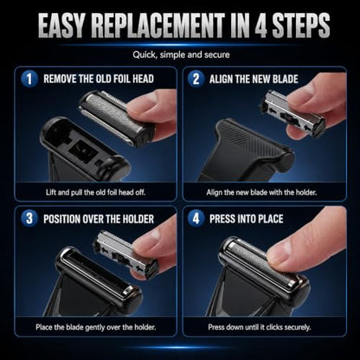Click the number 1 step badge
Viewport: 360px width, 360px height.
[29, 79]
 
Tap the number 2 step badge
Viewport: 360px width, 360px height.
[196, 79]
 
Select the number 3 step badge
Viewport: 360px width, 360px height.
[29, 218]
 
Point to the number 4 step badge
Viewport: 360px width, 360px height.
[196, 218]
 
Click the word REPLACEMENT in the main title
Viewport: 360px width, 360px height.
[157, 25]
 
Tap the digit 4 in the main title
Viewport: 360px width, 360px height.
[260, 25]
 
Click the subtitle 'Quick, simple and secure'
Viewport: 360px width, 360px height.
[181, 55]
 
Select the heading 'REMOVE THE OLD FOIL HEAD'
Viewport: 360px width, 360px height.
[99, 79]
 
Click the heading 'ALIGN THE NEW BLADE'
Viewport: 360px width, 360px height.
[254, 79]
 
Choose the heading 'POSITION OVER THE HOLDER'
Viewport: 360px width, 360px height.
[99, 219]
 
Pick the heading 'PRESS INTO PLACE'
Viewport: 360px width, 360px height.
[247, 219]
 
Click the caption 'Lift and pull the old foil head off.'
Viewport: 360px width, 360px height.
[95, 192]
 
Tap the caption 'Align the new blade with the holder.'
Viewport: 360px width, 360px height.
[261, 192]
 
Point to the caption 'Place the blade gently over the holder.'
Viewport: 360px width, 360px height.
[96, 327]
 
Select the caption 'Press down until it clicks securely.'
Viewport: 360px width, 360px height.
[260, 327]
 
